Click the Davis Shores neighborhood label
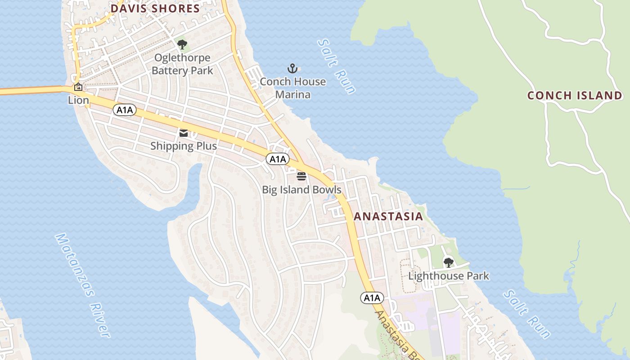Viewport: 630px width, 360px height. pyautogui.click(x=155, y=9)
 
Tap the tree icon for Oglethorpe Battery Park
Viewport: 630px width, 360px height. pyautogui.click(x=182, y=45)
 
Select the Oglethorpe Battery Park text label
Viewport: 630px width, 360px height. pyautogui.click(x=182, y=64)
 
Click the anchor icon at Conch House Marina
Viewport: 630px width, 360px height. pyautogui.click(x=292, y=68)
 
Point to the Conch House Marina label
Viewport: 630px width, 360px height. pyautogui.click(x=292, y=88)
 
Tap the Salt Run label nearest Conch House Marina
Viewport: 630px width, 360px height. pyautogui.click(x=336, y=66)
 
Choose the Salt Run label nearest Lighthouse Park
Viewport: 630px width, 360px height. pyautogui.click(x=526, y=314)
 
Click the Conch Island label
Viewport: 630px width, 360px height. pyautogui.click(x=575, y=95)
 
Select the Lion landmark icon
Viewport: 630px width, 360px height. pyautogui.click(x=78, y=87)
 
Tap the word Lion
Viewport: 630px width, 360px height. pyautogui.click(x=78, y=100)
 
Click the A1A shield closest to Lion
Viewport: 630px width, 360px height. pyautogui.click(x=125, y=110)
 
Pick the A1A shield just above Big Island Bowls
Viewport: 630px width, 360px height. pyautogui.click(x=278, y=159)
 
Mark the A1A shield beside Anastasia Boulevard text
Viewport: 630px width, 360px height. pyautogui.click(x=372, y=297)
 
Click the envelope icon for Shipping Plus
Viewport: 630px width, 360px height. pyautogui.click(x=184, y=133)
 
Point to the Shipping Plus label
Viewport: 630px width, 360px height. pyautogui.click(x=184, y=146)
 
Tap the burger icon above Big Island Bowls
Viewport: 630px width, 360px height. pyautogui.click(x=301, y=176)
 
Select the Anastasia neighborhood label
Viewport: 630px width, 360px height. pyautogui.click(x=388, y=216)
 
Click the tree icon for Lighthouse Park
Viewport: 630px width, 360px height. pyautogui.click(x=448, y=262)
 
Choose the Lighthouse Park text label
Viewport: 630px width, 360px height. pyautogui.click(x=448, y=276)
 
